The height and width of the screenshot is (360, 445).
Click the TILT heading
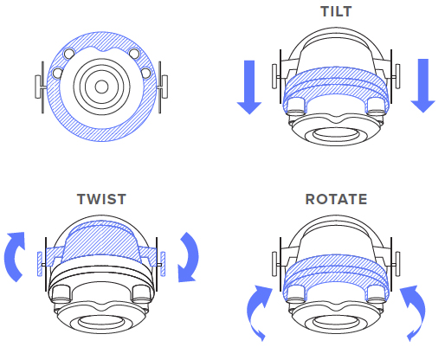click(336, 11)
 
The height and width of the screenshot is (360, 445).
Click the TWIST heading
click(101, 199)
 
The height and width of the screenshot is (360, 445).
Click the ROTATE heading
click(336, 199)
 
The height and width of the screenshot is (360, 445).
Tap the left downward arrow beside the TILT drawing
click(249, 87)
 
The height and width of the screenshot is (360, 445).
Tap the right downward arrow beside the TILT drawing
click(423, 86)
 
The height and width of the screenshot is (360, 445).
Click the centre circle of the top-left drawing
click(101, 87)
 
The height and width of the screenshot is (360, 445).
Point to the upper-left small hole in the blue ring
click(69, 54)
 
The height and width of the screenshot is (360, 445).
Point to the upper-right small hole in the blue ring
click(134, 54)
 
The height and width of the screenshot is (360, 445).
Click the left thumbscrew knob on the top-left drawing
click(38, 87)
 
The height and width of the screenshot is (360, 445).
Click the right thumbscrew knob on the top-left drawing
click(164, 87)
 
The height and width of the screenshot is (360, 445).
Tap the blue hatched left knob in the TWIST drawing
click(40, 264)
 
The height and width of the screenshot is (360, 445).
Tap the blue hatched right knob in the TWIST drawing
click(163, 264)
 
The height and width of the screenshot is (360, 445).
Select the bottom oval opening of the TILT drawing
click(336, 134)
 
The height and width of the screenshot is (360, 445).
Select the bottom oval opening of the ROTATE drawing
click(336, 322)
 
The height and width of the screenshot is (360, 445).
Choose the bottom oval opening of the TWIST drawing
click(101, 322)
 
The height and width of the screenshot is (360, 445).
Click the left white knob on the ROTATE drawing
click(274, 264)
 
